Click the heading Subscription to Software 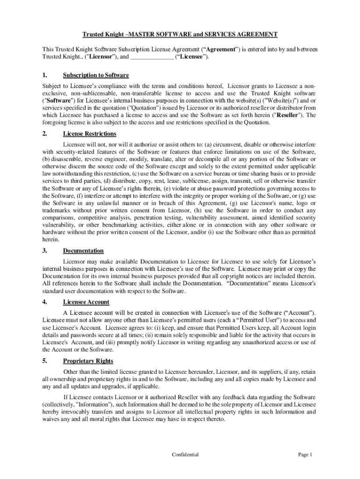[x=96, y=75]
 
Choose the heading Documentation [x=83, y=251]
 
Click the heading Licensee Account [x=86, y=302]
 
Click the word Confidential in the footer [x=185, y=454]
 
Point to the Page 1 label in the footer [x=305, y=454]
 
